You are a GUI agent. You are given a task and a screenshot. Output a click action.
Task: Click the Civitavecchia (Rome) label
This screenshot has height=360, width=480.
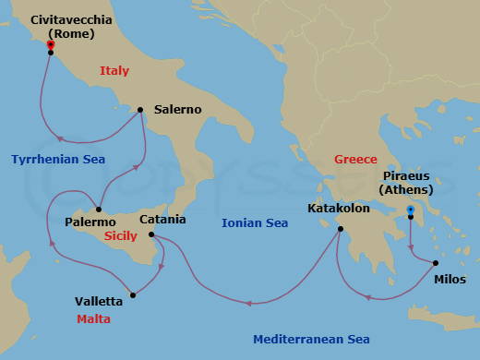pos(72,26)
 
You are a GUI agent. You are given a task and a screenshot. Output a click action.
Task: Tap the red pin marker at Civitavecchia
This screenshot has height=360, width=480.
pos(51,44)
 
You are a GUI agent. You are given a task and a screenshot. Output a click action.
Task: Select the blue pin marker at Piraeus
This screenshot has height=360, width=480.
pos(411,210)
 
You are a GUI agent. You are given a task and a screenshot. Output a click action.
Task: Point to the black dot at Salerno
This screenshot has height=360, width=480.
pos(139,110)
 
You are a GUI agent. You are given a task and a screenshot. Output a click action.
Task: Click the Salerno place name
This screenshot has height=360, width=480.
pos(178,109)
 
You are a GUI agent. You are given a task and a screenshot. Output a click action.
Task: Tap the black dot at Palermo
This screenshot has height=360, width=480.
pos(99,209)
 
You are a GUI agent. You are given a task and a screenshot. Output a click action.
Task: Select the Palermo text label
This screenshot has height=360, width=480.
pos(90,222)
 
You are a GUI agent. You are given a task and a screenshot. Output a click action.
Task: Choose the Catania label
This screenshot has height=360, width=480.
pos(162,220)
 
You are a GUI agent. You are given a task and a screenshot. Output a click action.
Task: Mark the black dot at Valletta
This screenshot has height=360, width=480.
pos(134,295)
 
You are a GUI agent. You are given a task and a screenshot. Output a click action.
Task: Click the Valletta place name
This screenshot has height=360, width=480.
pos(100,301)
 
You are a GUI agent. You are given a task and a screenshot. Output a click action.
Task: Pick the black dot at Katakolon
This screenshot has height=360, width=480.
pos(341,229)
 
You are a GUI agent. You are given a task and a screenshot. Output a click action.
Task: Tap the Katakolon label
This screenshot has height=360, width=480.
pos(339,209)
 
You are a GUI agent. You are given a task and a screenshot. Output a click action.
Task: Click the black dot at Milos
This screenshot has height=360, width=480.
pos(436,264)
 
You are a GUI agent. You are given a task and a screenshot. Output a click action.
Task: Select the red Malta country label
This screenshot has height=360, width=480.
pos(94,319)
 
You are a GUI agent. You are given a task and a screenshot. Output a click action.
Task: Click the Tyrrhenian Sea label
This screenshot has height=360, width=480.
pos(58,160)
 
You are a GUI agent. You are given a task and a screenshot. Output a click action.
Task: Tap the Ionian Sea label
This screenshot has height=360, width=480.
pos(255,222)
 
